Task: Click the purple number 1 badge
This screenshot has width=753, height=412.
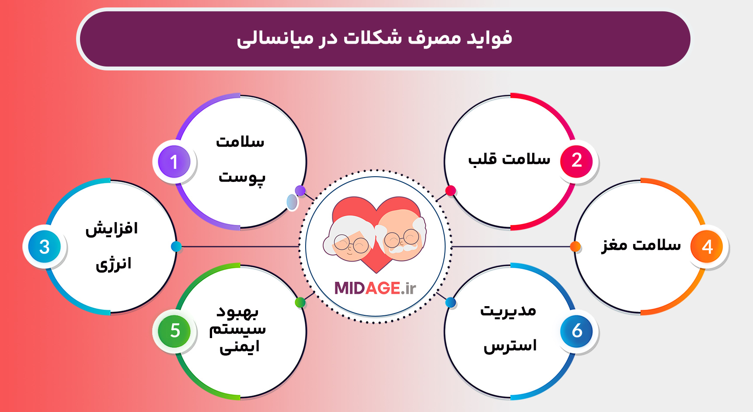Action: [174, 161]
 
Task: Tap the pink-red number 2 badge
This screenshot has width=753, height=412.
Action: [576, 161]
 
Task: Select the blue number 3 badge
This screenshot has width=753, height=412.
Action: [44, 247]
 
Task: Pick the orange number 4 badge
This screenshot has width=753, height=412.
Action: [707, 247]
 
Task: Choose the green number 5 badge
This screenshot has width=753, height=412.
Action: [174, 331]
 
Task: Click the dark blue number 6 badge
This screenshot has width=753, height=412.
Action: [576, 331]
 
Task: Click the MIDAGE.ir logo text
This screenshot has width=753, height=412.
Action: [375, 288]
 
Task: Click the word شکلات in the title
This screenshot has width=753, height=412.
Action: [373, 38]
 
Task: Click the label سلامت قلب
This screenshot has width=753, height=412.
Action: [509, 158]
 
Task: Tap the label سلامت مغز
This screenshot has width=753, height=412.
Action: [641, 245]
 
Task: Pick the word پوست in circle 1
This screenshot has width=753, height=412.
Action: [242, 178]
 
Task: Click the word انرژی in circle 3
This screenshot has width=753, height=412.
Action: [113, 264]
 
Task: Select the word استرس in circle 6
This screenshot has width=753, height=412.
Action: [510, 346]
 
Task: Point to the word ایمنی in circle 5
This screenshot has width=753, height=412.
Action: [240, 347]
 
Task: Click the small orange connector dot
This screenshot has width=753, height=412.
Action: [575, 247]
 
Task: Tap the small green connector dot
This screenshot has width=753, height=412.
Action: [300, 302]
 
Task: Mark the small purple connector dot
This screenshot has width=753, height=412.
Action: [300, 191]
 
